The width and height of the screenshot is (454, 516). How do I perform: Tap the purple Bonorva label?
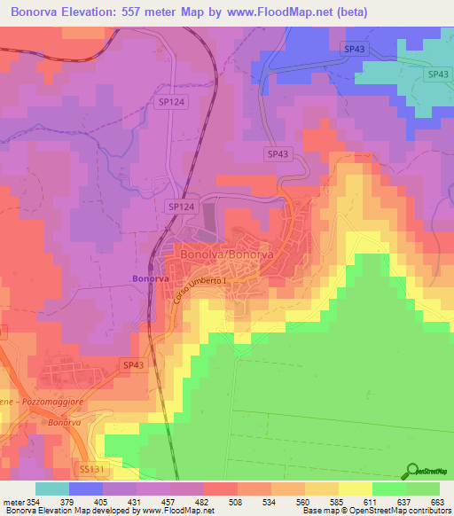coord(150,278)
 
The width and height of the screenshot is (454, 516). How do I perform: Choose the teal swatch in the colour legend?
coord(51,489)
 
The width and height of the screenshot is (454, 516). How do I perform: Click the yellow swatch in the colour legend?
coord(356,489)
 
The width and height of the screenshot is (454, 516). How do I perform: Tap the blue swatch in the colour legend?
coord(85,489)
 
